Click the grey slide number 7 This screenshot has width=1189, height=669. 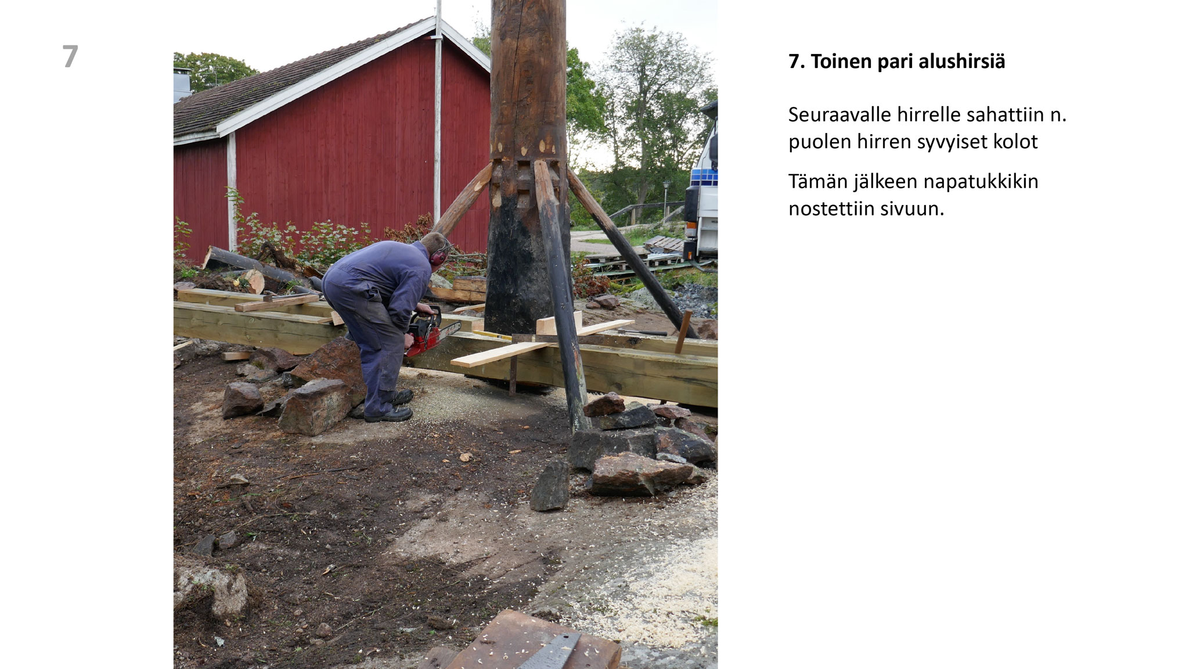click(70, 56)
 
